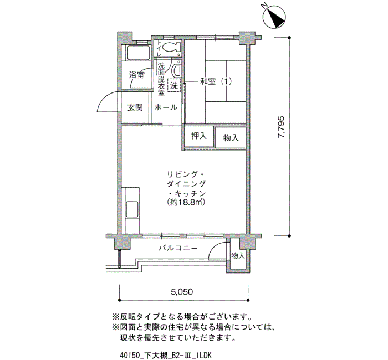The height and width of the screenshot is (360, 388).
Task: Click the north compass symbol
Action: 273,17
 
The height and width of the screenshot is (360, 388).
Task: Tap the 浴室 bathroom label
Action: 137,75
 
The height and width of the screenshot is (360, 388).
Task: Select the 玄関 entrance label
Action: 135,107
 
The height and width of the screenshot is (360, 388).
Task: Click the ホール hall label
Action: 166,107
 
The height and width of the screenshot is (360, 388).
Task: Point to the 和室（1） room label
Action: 215,82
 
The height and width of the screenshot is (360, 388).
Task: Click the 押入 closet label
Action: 199,136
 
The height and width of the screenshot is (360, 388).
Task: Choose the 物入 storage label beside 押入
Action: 231,137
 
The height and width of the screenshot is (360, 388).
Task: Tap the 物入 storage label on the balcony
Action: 238,255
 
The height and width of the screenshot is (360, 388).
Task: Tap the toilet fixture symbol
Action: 172,48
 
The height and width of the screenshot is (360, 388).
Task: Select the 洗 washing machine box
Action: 174,86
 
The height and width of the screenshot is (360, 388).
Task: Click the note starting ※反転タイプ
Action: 183,317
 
